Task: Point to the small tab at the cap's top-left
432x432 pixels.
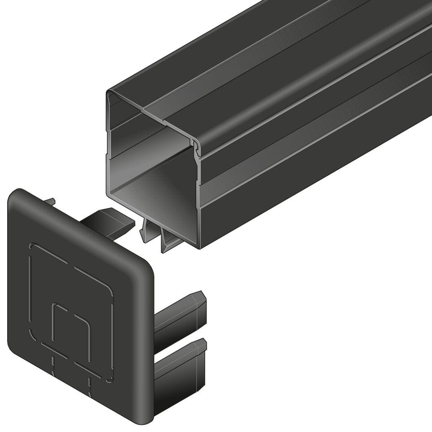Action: (x=51, y=202)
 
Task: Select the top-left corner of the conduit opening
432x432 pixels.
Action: (x=108, y=93)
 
